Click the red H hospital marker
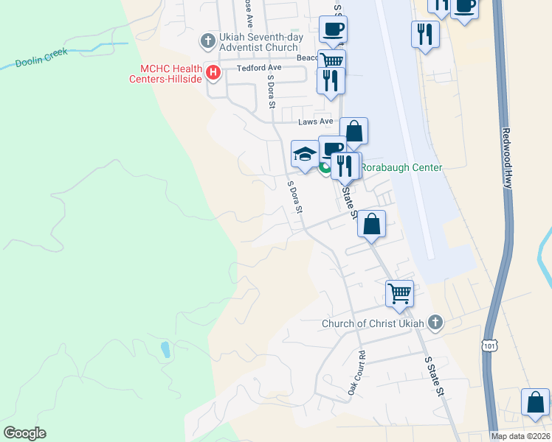pos(213,71)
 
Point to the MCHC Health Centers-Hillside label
pos(166,74)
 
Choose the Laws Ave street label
pos(316,122)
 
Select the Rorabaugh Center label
pos(403,167)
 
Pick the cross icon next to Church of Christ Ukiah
pos(435,322)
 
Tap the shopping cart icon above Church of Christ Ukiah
pos(399,292)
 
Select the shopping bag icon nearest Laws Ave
pos(353,131)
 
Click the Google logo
pos(24,432)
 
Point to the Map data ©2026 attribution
pos(520,436)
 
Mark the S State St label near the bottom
pos(433,376)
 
